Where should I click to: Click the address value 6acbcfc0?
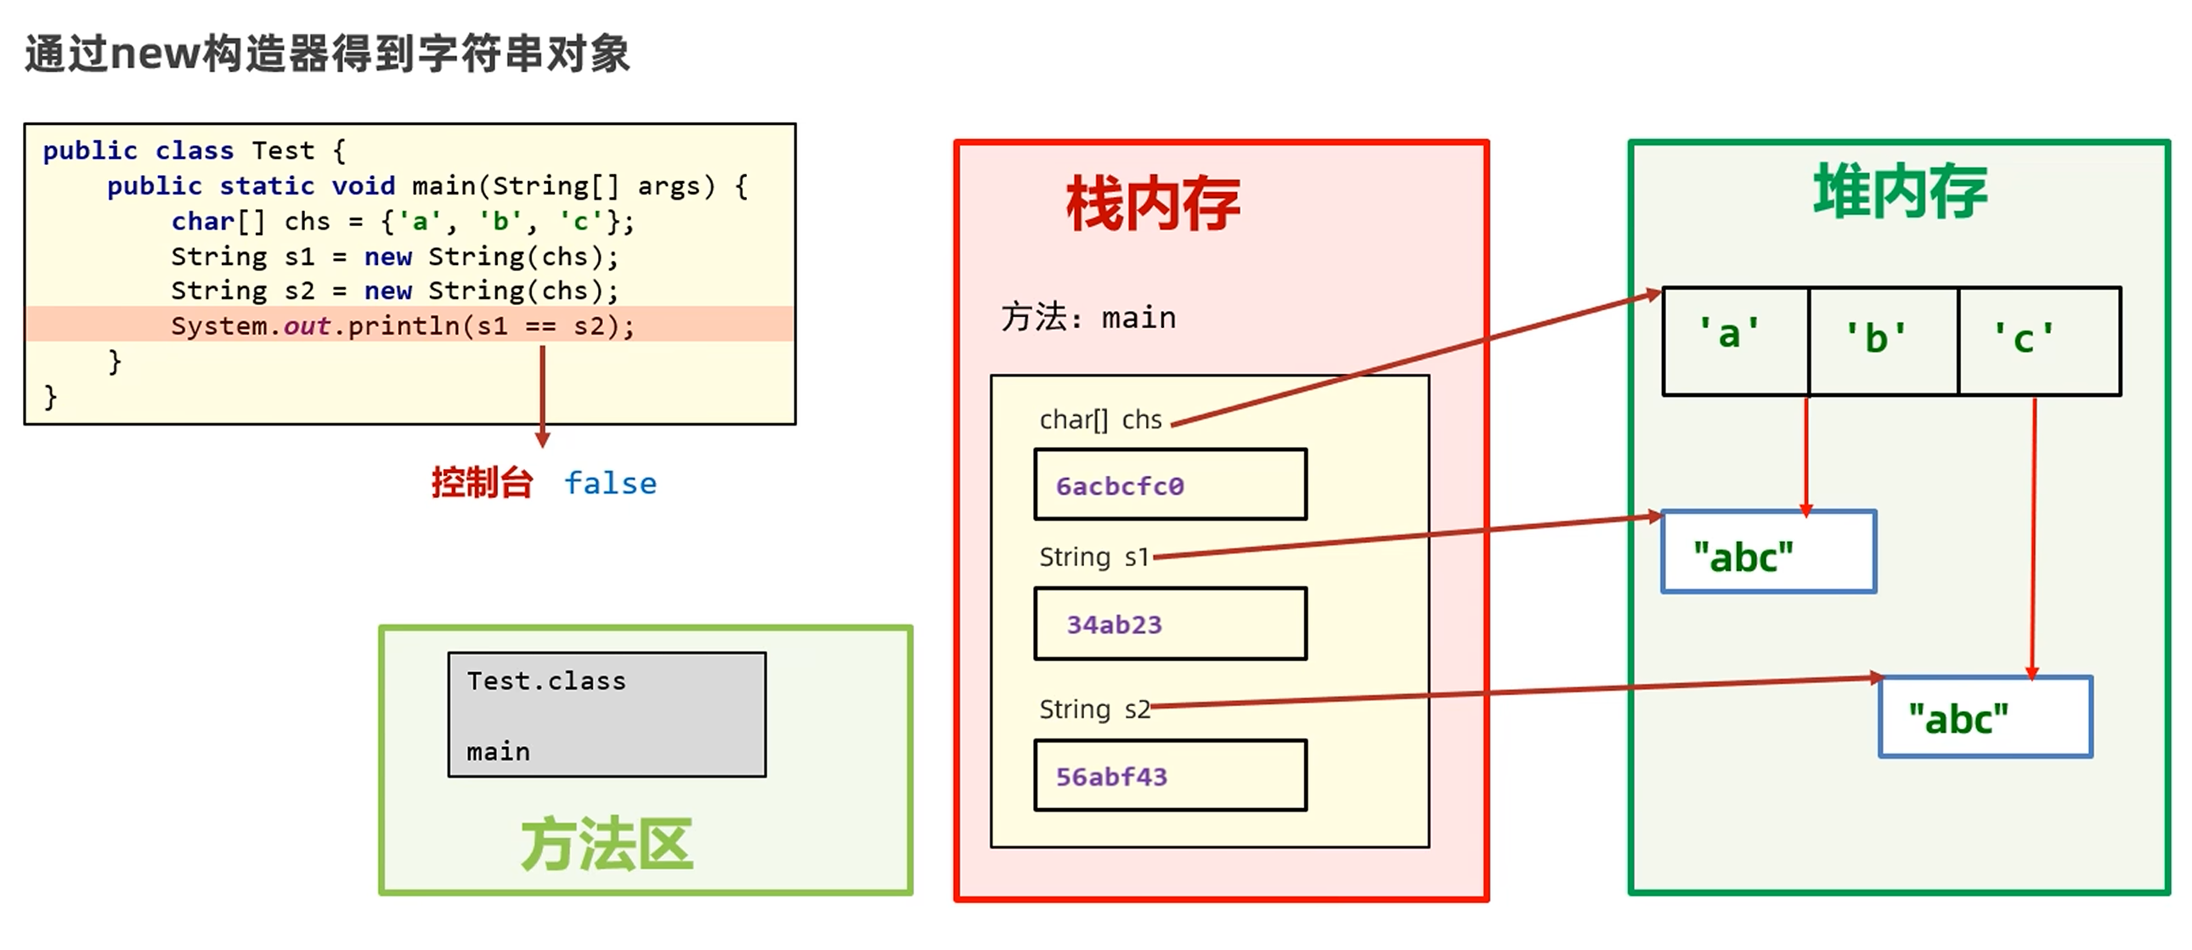pos(1120,486)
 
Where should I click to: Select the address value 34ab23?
pos(1114,625)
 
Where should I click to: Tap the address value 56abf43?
pos(1111,777)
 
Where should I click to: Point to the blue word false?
pos(610,483)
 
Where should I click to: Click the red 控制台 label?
pos(483,483)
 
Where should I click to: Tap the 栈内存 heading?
pos(1153,204)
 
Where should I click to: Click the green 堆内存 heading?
pos(1900,192)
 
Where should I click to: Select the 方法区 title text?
pos(607,845)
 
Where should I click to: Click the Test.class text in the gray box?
pos(545,681)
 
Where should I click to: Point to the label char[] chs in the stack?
pos(1100,420)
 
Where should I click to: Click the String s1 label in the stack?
pos(1093,557)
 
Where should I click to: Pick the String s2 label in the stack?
pos(1094,709)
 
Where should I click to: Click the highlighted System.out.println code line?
pos(403,326)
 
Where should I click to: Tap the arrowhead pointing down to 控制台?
pos(542,439)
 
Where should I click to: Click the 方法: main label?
pos(1088,318)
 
